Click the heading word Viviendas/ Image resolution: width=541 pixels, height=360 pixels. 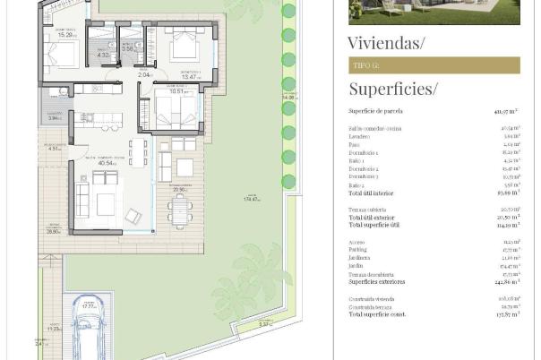(x=386, y=42)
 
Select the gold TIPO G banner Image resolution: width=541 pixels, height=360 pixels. (x=434, y=65)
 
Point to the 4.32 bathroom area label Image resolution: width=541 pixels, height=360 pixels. (x=103, y=56)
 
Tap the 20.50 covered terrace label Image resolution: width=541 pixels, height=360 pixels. (x=180, y=190)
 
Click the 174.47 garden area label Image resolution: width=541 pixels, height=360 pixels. (x=253, y=199)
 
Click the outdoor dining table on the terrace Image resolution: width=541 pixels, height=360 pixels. (x=178, y=211)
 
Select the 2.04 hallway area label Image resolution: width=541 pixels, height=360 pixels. (x=144, y=75)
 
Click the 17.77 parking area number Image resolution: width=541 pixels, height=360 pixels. (x=89, y=306)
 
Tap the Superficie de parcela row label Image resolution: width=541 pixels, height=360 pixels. (x=375, y=111)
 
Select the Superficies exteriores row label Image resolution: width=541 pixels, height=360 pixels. (x=377, y=282)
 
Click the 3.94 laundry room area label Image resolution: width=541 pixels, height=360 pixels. (x=54, y=117)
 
